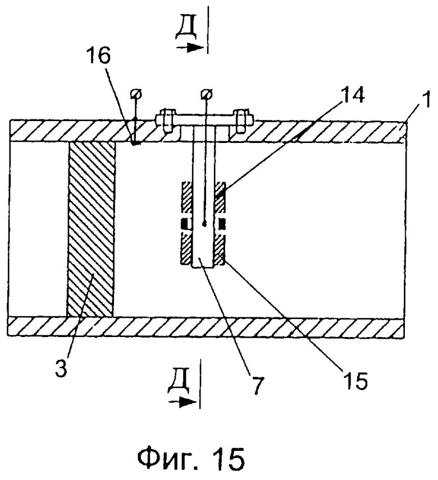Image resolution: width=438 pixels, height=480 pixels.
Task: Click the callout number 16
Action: point(99,56)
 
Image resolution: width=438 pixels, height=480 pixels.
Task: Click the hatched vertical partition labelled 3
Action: point(90,230)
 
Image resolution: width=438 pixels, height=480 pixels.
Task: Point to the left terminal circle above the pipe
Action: point(134,93)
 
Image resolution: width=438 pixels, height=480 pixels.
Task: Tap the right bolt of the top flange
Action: point(241,119)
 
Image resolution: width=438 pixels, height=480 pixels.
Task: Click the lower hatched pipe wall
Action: point(208,326)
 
